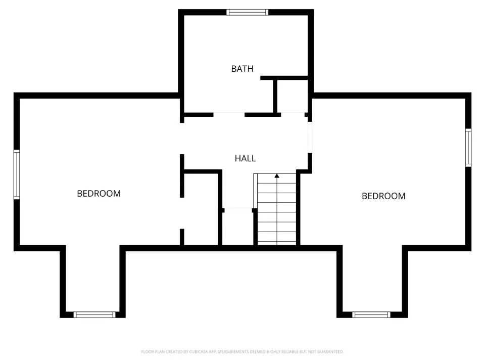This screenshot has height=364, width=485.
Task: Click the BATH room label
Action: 242,69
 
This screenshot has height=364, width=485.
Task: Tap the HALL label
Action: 246,158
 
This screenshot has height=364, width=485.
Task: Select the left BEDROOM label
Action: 99,194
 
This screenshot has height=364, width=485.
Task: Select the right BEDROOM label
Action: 383,196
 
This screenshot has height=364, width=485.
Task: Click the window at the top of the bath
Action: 247,12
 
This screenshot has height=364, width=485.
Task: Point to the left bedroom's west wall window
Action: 17,174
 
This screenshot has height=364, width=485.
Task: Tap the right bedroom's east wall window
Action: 469,148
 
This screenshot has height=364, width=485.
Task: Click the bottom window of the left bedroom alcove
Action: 94,315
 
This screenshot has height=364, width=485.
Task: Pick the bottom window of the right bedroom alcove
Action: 371,315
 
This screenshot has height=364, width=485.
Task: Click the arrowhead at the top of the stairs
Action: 277,176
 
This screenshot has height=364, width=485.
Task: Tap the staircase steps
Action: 277,209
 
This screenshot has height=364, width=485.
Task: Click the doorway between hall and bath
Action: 229,115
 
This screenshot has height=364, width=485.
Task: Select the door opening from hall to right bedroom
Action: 310,137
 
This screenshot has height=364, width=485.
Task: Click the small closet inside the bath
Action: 293,96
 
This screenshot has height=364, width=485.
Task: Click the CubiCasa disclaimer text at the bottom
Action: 242,352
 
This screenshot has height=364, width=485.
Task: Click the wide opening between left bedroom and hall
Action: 182,139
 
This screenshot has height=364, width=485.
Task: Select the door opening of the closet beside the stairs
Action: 238,210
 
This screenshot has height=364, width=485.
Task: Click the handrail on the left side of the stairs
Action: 255,191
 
